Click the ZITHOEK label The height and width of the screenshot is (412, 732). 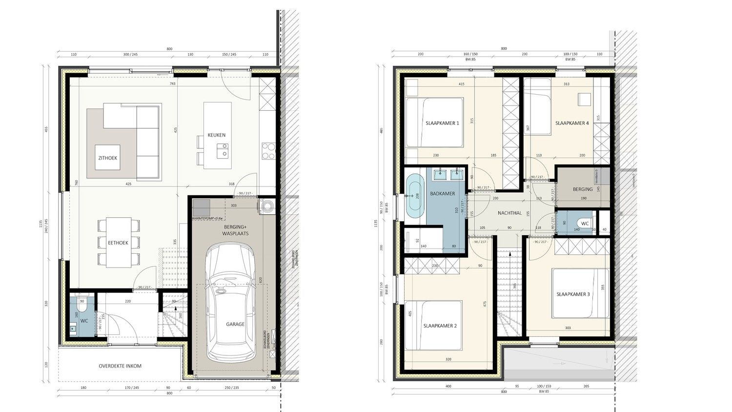click(107, 158)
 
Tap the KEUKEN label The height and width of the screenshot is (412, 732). click(216, 135)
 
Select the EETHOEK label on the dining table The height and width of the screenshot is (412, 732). click(118, 243)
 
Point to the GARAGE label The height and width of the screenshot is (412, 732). click(235, 324)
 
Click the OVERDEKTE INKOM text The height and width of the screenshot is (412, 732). click(120, 366)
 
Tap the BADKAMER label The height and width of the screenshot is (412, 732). click(443, 194)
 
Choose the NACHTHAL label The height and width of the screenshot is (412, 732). click(510, 213)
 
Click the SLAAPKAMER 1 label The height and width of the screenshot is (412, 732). click(442, 124)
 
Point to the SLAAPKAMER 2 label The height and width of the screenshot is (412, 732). click(440, 326)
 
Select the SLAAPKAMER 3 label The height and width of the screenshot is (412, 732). click(573, 294)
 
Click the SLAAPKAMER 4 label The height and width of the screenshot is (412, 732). click(571, 124)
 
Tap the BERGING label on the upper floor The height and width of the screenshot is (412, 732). click(583, 189)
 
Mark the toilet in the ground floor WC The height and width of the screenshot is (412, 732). click(82, 301)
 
